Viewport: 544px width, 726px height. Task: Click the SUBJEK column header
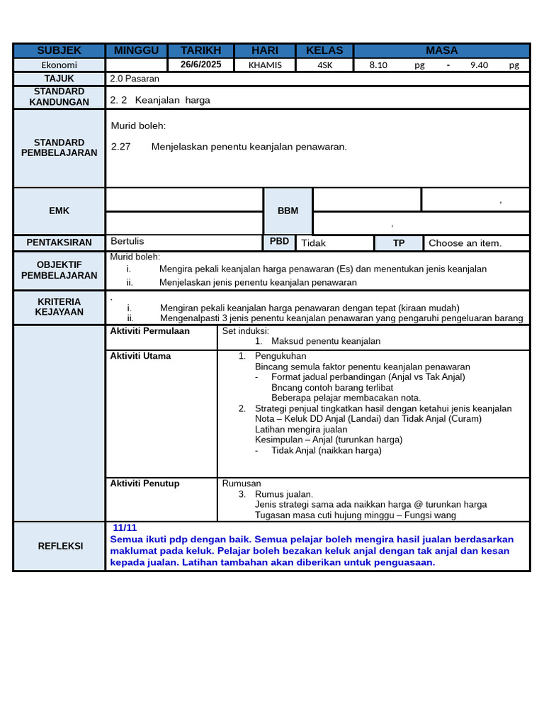pos(59,50)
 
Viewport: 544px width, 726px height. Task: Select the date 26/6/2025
pos(201,65)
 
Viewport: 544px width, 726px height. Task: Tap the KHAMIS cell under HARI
pos(265,65)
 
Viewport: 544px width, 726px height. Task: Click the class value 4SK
pos(324,65)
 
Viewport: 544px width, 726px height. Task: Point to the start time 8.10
pos(379,65)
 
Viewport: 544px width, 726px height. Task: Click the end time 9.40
pos(479,65)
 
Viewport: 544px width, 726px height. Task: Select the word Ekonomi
pos(59,65)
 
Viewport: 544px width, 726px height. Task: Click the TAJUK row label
pos(59,79)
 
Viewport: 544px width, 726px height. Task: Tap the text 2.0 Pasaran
pos(134,79)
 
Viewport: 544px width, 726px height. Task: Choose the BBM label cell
pos(288,211)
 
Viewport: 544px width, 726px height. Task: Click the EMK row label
pos(59,211)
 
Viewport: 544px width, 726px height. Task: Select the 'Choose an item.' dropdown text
pos(465,243)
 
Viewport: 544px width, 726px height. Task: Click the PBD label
pos(279,242)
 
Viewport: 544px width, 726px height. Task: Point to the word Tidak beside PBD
pos(313,243)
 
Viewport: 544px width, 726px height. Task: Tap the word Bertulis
pos(127,241)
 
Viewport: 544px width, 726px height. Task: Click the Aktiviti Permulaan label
pos(149,331)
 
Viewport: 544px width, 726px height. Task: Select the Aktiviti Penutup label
pos(144,484)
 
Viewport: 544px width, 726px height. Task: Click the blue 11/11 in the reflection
pos(125,528)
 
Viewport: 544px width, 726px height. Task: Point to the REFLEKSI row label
pos(59,546)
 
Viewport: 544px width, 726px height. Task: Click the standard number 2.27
pos(121,147)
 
